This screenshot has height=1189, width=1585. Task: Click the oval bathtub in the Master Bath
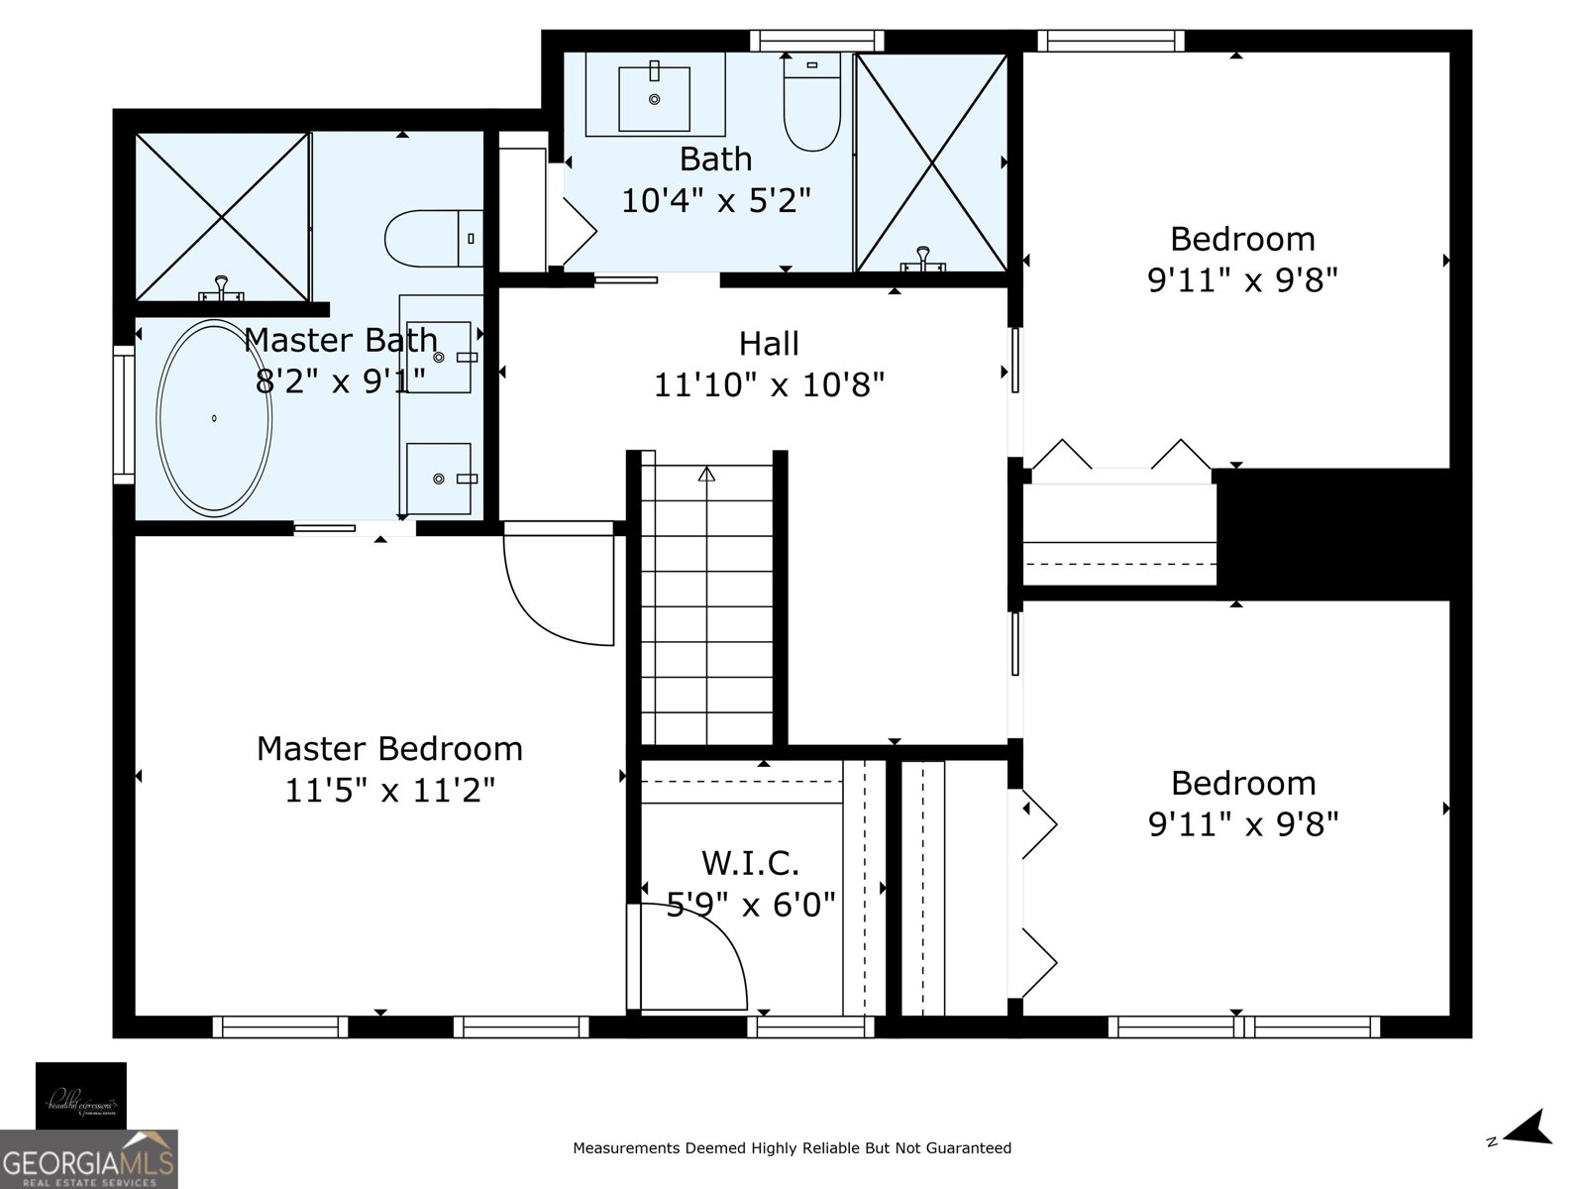pyautogui.click(x=214, y=418)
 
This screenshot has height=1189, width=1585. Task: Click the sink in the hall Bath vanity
pyautogui.click(x=654, y=98)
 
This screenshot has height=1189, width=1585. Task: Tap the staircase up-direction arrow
pyautogui.click(x=706, y=475)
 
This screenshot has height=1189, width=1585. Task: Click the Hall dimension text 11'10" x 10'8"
pyautogui.click(x=769, y=384)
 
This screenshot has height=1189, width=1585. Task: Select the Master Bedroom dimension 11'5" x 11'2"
pyautogui.click(x=389, y=791)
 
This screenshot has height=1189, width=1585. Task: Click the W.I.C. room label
pyautogui.click(x=750, y=863)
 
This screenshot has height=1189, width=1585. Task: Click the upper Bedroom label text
pyautogui.click(x=1242, y=239)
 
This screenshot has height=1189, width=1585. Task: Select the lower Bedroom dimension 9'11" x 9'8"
pyautogui.click(x=1243, y=824)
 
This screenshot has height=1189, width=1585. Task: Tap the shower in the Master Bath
pyautogui.click(x=222, y=215)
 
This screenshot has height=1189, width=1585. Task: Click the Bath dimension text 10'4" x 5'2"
pyautogui.click(x=715, y=201)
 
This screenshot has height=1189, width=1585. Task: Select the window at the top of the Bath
pyautogui.click(x=816, y=41)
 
